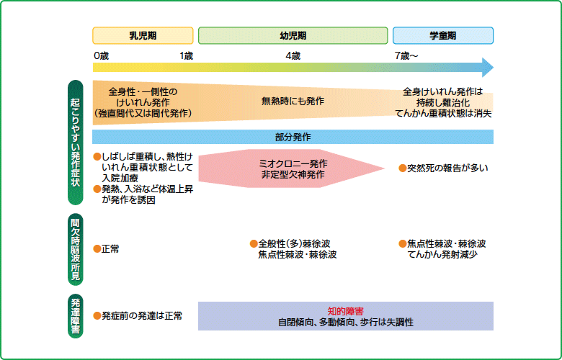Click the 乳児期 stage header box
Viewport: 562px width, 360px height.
143,35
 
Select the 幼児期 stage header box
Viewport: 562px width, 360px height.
293,35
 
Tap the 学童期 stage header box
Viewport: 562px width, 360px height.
442,35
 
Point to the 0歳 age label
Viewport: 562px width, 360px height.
101,55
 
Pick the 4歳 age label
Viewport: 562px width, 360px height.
293,55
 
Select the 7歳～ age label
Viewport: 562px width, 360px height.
406,55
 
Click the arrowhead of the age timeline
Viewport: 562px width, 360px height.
488,68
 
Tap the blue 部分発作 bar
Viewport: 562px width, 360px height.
293,137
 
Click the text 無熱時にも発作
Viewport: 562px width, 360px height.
293,102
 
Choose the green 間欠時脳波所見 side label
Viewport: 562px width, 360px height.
75,248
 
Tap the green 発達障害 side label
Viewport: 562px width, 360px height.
75,316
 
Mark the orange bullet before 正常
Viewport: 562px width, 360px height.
97,249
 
